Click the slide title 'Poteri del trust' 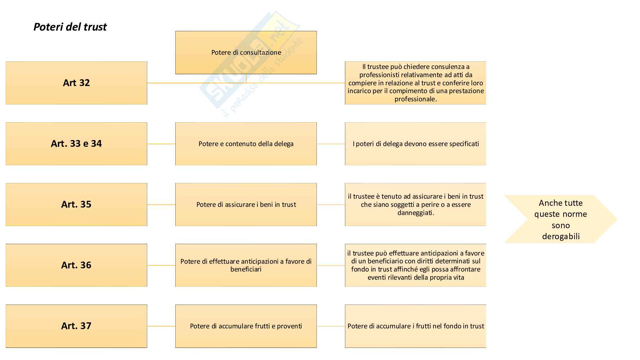[70, 27]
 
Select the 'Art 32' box [76, 83]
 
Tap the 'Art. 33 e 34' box [76, 144]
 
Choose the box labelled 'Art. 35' [76, 204]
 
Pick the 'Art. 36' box [76, 265]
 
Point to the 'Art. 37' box [76, 326]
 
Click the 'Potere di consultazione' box [246, 53]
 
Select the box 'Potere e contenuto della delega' [246, 144]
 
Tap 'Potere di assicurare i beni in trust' [246, 204]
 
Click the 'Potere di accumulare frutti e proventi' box [246, 326]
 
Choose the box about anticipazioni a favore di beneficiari [246, 265]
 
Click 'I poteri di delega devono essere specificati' [415, 144]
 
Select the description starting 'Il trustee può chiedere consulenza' [415, 83]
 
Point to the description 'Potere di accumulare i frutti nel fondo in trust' [415, 326]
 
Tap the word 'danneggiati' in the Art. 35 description [415, 213]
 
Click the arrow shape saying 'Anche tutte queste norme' [560, 219]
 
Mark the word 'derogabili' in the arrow [561, 236]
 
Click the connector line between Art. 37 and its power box [161, 326]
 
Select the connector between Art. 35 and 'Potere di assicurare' [161, 205]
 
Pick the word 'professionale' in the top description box [415, 99]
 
